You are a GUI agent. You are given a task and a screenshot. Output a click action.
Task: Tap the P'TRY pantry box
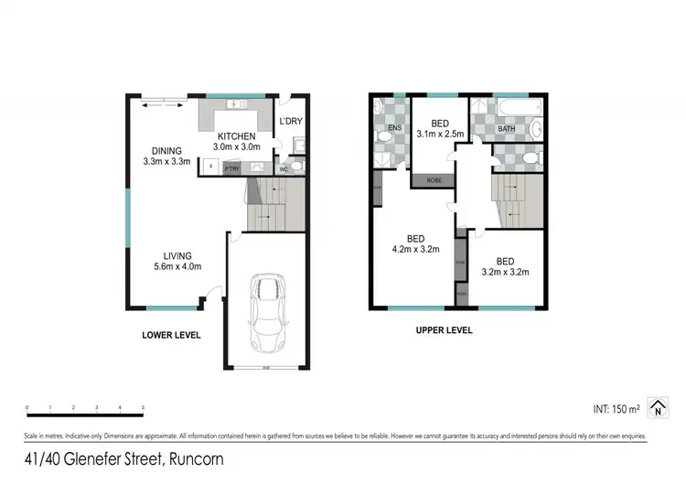(231, 167)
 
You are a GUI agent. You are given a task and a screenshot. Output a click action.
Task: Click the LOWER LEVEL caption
(171, 335)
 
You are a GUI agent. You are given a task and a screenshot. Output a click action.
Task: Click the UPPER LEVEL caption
(444, 329)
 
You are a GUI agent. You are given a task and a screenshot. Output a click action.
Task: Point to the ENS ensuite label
(395, 128)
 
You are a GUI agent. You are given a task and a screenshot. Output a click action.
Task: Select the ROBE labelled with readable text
(434, 181)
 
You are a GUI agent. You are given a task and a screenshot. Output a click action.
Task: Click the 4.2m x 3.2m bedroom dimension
(416, 247)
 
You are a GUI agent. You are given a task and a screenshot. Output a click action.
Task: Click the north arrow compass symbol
(657, 406)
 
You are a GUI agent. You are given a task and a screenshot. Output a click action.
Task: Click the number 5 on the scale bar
(143, 407)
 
